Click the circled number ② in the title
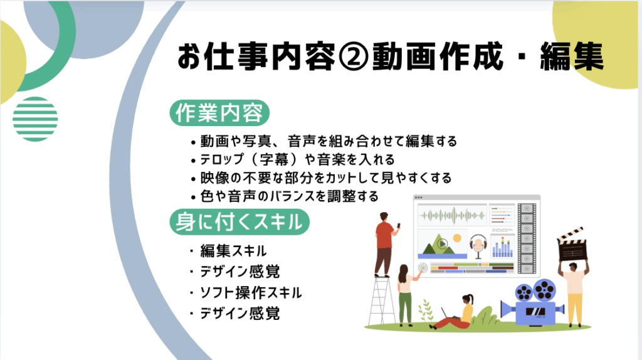click(x=354, y=56)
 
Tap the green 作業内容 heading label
click(x=219, y=113)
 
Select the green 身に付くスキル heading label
click(x=239, y=221)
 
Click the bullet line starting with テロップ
click(x=293, y=159)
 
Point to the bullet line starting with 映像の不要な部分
click(x=322, y=177)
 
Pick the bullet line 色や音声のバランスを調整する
click(x=285, y=196)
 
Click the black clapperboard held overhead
click(x=572, y=245)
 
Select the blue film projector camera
click(x=533, y=302)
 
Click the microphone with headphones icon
click(x=478, y=246)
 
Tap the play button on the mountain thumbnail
click(x=442, y=244)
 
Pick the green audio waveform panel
click(x=452, y=215)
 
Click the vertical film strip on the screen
click(x=527, y=238)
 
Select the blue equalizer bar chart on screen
click(x=502, y=247)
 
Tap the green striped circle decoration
click(x=35, y=119)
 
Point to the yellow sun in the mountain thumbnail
click(x=457, y=238)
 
